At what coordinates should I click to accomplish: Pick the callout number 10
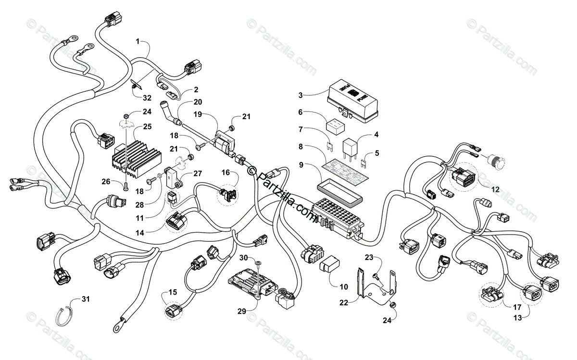(x=343, y=287)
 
